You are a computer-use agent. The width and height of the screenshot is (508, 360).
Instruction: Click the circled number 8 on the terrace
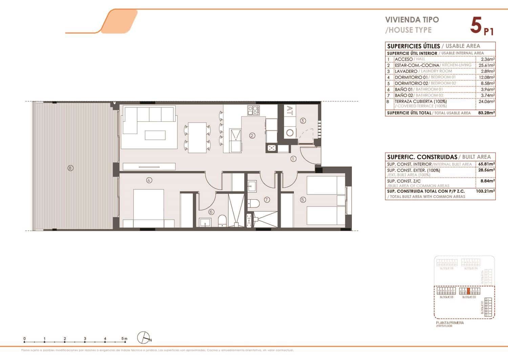point(70,168)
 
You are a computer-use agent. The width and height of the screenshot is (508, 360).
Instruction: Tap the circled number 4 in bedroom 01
point(149,180)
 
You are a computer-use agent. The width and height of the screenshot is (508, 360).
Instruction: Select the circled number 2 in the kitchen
point(252,136)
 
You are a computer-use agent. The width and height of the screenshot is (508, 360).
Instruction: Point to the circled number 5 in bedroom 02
point(303,200)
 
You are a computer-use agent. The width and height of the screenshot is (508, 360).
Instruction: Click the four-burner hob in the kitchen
point(254,110)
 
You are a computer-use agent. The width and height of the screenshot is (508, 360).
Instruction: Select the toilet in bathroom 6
point(223,220)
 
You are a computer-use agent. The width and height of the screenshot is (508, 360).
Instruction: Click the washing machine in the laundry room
point(290,132)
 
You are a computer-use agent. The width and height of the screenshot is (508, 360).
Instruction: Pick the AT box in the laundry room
point(290,110)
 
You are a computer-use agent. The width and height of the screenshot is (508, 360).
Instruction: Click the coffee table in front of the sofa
point(155,135)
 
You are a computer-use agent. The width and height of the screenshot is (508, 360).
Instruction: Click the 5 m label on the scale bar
point(125,338)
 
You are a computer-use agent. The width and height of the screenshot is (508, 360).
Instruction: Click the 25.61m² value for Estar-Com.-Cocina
point(488,65)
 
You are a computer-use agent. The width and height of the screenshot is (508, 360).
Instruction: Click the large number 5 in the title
point(476,26)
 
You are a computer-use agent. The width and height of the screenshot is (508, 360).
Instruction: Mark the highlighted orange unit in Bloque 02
point(468,291)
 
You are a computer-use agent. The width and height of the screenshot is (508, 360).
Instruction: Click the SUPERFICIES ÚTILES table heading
point(413,46)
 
